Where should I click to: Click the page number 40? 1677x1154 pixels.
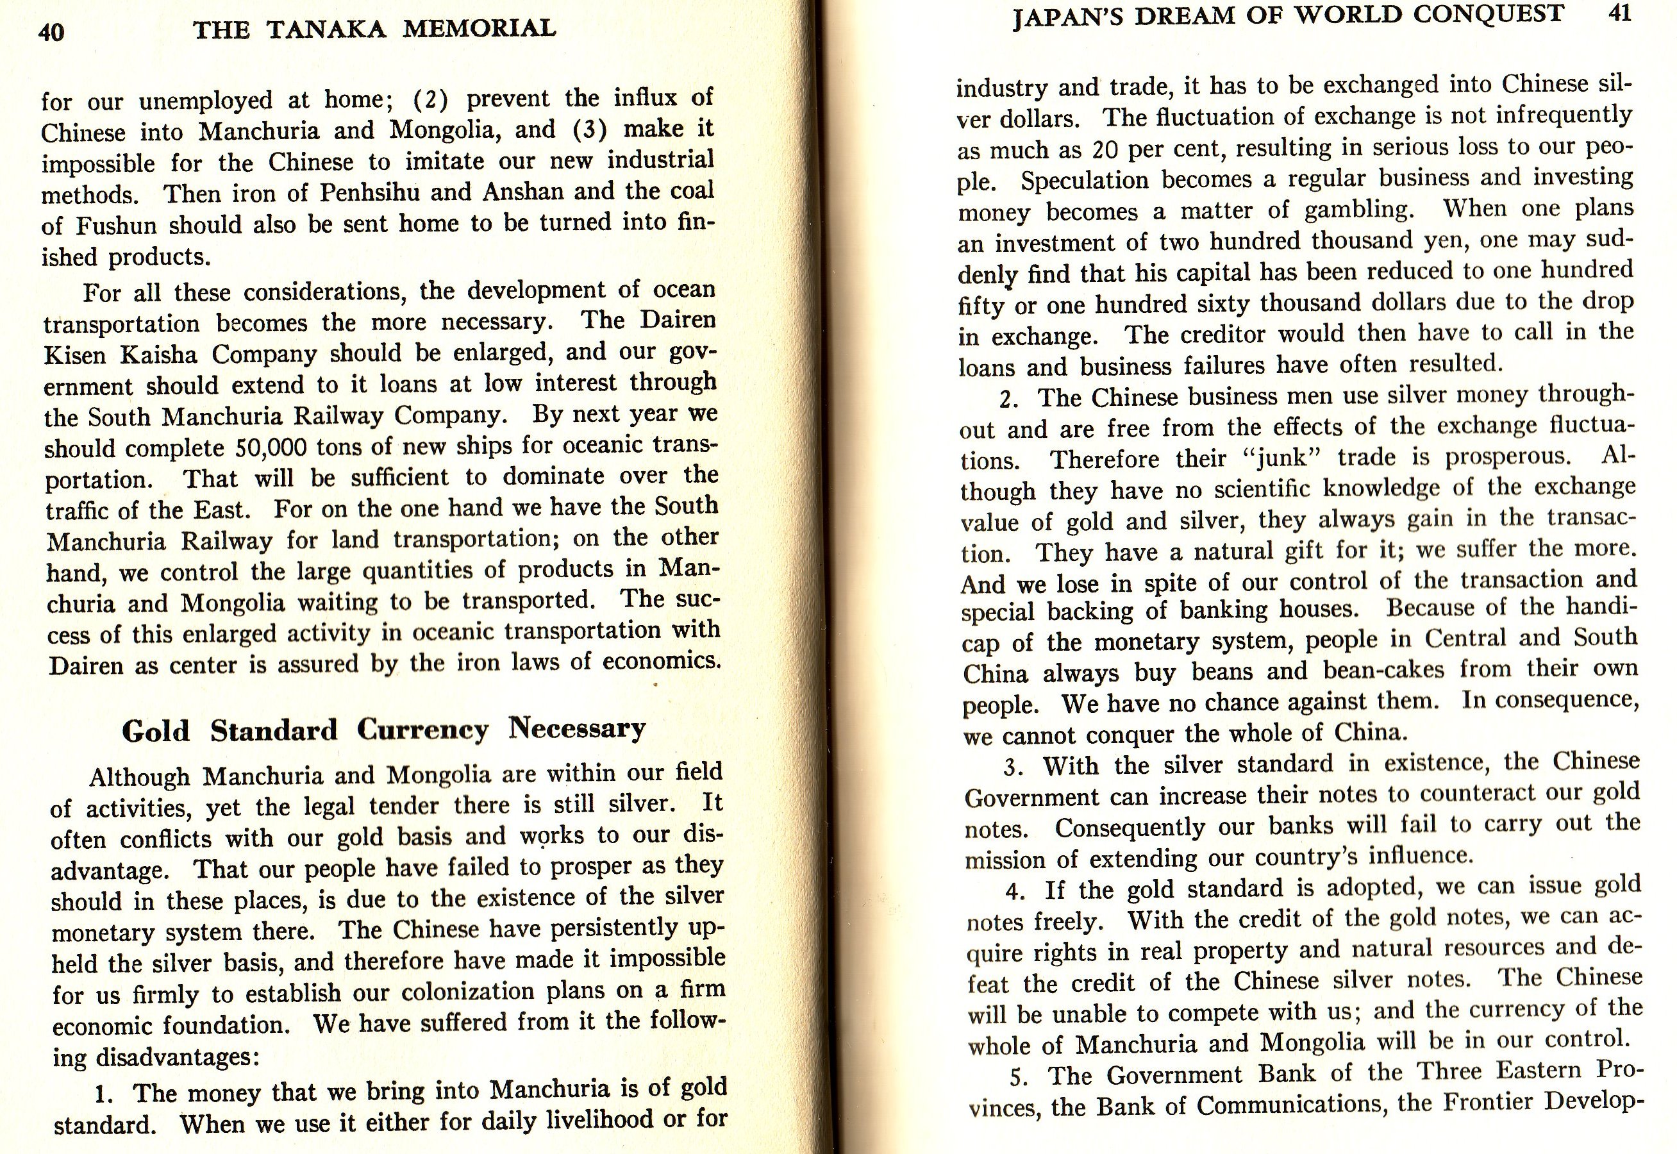[x=51, y=33]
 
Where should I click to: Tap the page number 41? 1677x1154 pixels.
[x=1620, y=15]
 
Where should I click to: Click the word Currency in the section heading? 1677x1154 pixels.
[x=422, y=730]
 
